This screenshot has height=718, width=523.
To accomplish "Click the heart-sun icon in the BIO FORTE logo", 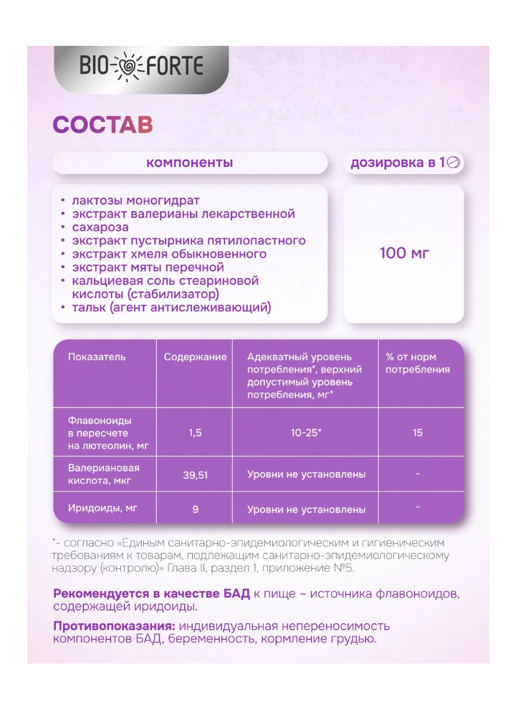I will (131, 67).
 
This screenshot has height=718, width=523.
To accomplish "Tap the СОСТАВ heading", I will (103, 124).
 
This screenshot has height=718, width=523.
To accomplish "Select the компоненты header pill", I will (189, 163).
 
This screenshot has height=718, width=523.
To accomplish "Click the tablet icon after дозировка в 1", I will (453, 163).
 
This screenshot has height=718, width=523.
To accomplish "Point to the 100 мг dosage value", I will (404, 253).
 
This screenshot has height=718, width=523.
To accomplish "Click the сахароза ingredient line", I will (100, 227).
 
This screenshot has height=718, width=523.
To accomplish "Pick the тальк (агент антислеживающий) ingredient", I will (171, 307).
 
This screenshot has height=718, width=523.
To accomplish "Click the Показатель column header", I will (97, 357).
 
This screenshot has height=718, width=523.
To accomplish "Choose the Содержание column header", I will (195, 357).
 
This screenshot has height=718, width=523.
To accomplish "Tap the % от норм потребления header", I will (418, 363).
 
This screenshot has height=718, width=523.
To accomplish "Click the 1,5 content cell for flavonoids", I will (195, 433).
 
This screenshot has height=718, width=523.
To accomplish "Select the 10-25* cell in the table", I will (306, 433).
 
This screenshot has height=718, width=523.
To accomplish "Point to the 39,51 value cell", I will (195, 474).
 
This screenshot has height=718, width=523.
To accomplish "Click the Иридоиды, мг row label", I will (102, 508).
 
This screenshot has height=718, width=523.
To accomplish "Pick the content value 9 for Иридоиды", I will (195, 509).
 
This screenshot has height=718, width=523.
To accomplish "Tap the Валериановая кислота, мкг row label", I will (103, 474).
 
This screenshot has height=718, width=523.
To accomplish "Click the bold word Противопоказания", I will (114, 626).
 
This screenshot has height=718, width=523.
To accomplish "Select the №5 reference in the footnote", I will (344, 568).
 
